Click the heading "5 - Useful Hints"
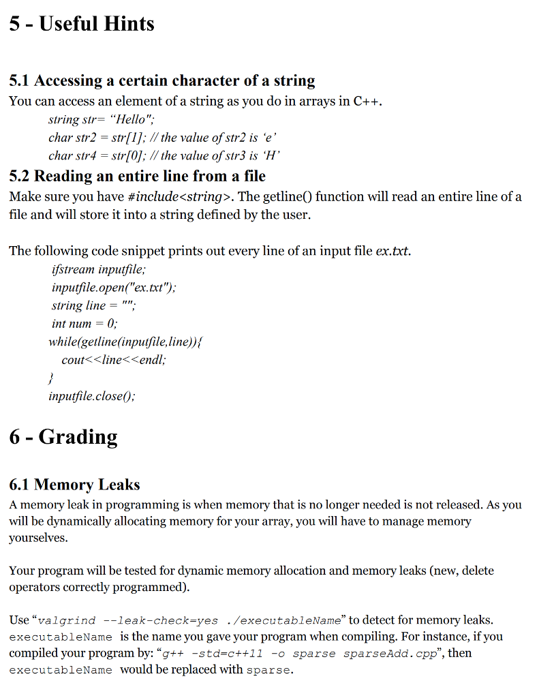tap(82, 24)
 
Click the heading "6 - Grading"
tap(63, 436)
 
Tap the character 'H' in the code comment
tap(272, 155)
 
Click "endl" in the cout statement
tap(152, 359)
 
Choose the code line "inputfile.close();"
tap(91, 395)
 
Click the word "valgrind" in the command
tap(66, 620)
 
